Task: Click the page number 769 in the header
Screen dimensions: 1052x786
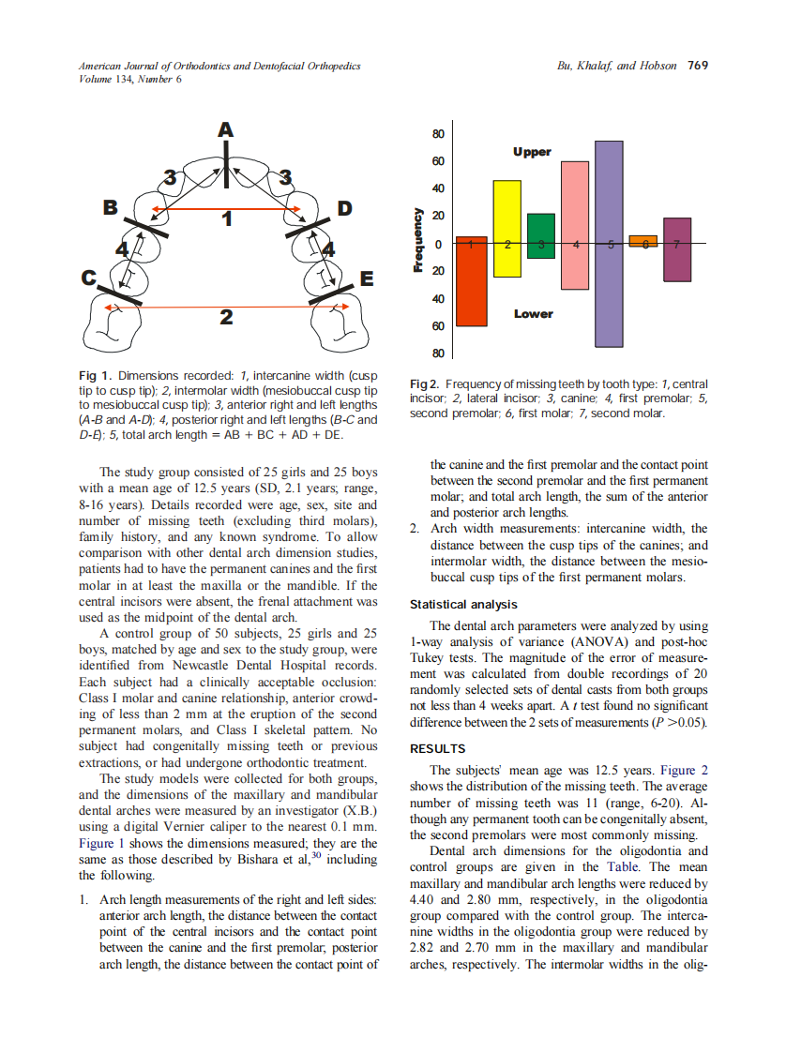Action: tap(697, 66)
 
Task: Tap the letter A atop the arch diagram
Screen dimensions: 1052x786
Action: tap(225, 130)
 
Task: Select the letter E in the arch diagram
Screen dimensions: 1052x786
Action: tap(367, 279)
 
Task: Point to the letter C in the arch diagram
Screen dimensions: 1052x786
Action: tap(90, 278)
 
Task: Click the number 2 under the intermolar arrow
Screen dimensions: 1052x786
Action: tap(225, 319)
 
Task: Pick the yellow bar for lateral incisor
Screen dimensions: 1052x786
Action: tap(507, 228)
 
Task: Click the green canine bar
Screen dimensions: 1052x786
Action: tap(541, 235)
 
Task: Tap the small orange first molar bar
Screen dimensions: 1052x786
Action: tap(643, 241)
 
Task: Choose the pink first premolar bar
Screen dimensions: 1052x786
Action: tap(575, 225)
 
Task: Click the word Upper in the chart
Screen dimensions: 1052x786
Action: tap(532, 152)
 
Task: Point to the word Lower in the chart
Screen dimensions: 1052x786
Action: tap(533, 314)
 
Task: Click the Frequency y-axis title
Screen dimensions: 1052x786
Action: tap(419, 240)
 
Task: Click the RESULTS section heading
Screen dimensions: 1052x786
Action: tap(438, 749)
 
